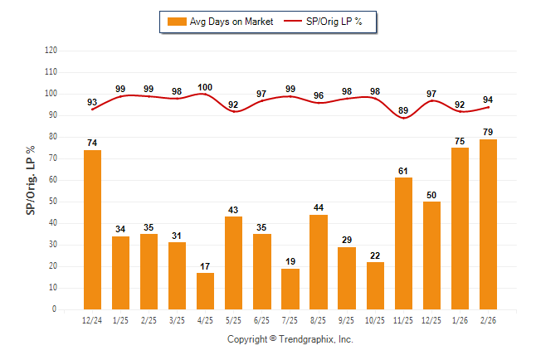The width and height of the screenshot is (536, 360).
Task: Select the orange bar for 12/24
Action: [x=93, y=230]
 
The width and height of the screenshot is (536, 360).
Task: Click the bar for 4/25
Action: [x=206, y=291]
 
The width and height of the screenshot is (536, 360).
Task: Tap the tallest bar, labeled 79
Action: [x=489, y=224]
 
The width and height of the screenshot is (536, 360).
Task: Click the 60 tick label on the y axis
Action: [x=53, y=180]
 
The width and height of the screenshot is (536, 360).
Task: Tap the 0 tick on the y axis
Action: [x=55, y=309]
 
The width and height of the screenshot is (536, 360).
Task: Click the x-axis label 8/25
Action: [x=319, y=319]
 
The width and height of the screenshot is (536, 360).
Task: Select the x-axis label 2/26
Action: [x=489, y=319]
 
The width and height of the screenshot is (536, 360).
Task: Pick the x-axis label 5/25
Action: [x=234, y=319]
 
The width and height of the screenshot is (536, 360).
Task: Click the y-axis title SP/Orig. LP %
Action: [x=31, y=179]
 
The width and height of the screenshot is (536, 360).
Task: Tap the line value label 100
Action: [x=206, y=87]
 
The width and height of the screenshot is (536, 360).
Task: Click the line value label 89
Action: [x=403, y=110]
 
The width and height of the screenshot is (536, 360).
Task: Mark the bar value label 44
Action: [x=319, y=207]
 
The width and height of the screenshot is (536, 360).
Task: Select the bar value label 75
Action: [x=460, y=141]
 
